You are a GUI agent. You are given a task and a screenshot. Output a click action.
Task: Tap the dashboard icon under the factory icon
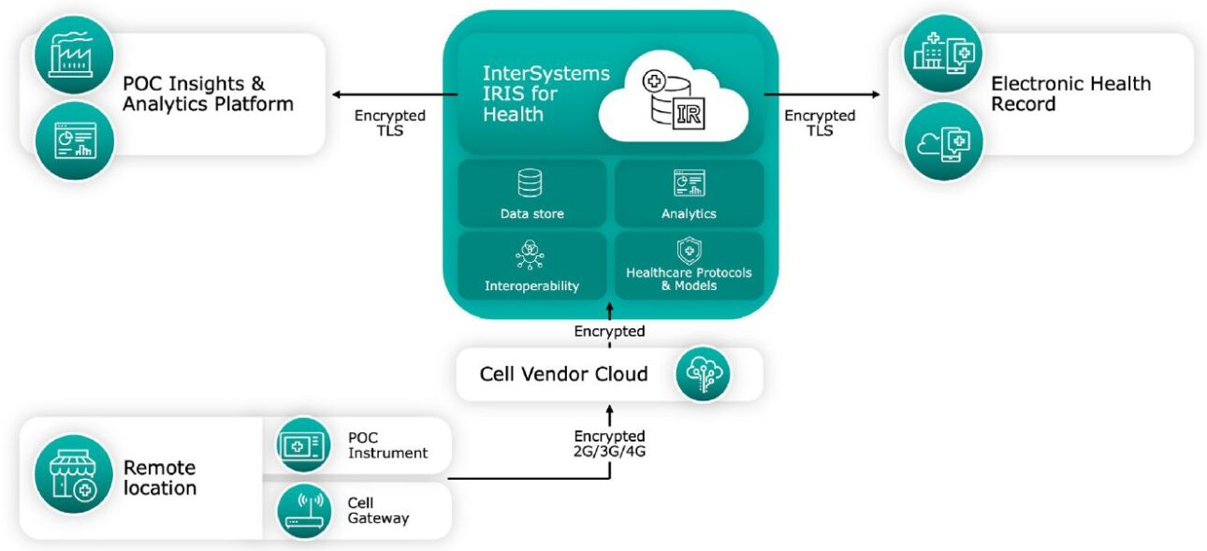[74, 140]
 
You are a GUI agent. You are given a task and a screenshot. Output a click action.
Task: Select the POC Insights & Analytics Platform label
[208, 93]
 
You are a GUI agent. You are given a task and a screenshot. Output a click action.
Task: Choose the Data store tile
[531, 194]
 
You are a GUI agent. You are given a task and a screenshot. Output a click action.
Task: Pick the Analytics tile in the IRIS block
[689, 194]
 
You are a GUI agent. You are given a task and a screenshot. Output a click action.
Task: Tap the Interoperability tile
[531, 266]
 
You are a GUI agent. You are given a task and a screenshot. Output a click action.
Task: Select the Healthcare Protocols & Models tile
[689, 266]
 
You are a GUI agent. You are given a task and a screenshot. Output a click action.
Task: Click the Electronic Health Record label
[1070, 93]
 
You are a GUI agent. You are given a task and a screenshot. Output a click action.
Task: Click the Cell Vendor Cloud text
[563, 374]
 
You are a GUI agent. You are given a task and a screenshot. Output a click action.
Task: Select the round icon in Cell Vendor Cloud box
[703, 374]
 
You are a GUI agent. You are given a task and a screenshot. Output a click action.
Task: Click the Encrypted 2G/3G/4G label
[609, 443]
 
